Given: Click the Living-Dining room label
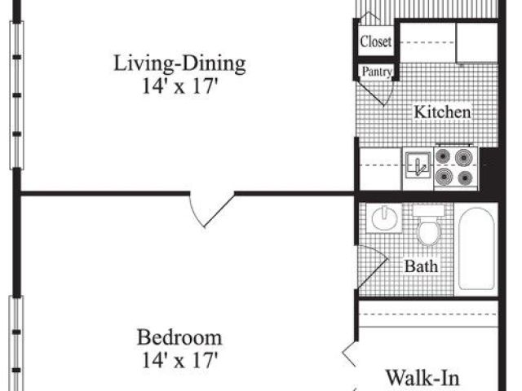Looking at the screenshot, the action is [179, 64].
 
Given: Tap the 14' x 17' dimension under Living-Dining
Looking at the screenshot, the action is [179, 86].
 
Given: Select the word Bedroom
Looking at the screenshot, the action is [179, 337].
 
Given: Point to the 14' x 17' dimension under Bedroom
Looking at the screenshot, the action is [179, 360].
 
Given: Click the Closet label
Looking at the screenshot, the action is [376, 42].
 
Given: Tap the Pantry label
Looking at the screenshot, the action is [377, 72].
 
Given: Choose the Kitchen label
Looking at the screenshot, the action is [442, 112].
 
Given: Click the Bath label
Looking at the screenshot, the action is [421, 266].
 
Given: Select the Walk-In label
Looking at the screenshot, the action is [422, 378].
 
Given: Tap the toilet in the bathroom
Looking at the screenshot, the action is [429, 225].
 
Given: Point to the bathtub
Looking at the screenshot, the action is [476, 248].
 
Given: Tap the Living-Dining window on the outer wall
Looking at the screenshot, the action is [16, 95].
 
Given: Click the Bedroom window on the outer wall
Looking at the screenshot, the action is [16, 343].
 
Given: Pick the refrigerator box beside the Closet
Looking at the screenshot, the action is [477, 42].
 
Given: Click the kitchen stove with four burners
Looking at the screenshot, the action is [455, 167].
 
